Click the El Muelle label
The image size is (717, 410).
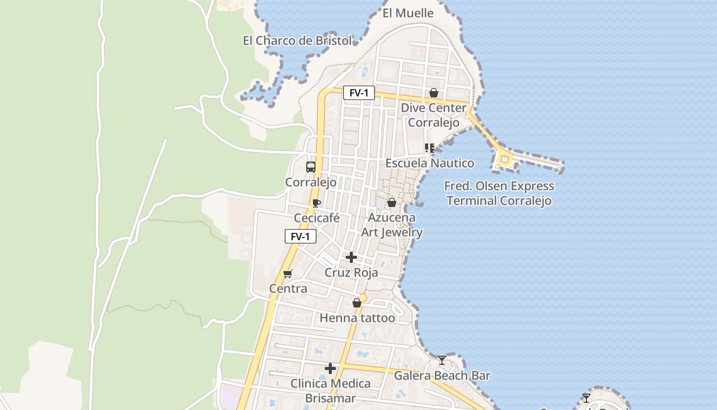click(408, 13)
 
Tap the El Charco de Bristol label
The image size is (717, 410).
click(298, 40)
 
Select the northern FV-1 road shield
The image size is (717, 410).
click(359, 93)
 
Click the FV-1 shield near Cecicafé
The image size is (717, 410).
click(301, 236)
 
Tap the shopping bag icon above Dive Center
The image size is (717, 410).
click(434, 93)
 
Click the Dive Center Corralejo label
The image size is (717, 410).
click(433, 115)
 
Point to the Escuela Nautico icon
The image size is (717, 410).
click(430, 148)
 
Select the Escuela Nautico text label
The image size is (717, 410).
click(430, 163)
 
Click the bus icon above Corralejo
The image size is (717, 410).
click(311, 167)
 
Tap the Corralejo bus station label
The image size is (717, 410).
click(311, 182)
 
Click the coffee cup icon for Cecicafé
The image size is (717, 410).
click(317, 203)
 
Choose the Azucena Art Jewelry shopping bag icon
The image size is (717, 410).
click(392, 202)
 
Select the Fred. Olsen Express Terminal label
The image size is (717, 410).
click(499, 193)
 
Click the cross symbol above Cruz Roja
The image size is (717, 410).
click(351, 257)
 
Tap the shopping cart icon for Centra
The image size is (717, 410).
click(288, 274)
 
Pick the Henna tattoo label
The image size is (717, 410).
click(357, 318)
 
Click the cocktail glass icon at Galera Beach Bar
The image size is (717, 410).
click(442, 360)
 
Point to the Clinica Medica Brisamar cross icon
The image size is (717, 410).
click(330, 368)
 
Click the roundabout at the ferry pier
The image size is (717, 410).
click(504, 159)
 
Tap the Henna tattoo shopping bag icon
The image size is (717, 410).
click(357, 303)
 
